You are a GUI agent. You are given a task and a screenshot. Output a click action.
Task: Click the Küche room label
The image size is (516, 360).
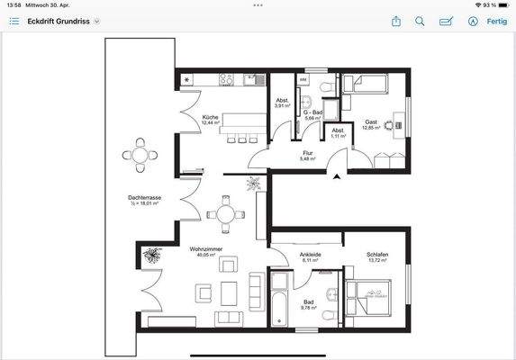tap(212, 118)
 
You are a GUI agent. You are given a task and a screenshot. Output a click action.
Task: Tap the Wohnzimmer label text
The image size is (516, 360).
tap(207, 247)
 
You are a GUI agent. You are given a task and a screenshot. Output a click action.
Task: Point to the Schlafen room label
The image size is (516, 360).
tap(377, 255)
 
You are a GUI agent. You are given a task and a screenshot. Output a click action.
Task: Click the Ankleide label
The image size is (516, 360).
tap(311, 255)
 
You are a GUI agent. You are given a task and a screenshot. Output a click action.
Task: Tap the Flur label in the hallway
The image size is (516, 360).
tap(307, 153)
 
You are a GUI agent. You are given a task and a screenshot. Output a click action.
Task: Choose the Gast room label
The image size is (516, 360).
tap(371, 122)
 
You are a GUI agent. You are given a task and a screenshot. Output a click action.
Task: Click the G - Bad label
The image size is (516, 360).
tap(312, 112)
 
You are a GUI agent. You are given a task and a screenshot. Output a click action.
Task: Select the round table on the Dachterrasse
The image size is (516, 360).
tap(140, 155)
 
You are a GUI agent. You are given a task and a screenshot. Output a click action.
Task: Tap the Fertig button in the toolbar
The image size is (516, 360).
tap(497, 21)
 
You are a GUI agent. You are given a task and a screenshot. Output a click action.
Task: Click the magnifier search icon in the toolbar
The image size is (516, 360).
tap(420, 21)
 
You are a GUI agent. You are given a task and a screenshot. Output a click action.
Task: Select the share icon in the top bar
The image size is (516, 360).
tap(395, 21)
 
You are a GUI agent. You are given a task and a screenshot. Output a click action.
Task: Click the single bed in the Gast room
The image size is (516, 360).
tap(367, 85)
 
